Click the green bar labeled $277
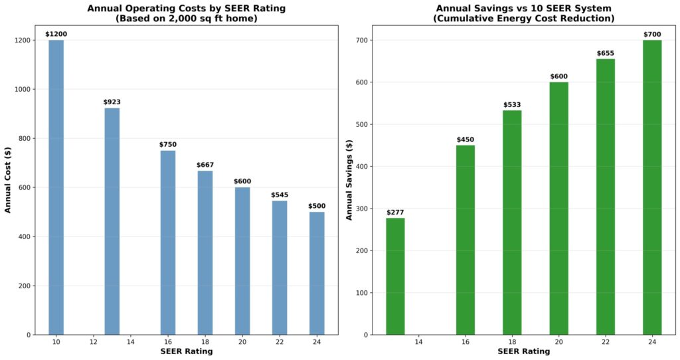[395, 276]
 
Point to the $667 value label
[205, 165]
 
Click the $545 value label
[280, 195]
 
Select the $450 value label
[466, 139]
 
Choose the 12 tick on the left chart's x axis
[93, 341]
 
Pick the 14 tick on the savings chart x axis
[418, 341]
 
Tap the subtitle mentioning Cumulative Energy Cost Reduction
[524, 19]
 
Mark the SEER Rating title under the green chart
[524, 351]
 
